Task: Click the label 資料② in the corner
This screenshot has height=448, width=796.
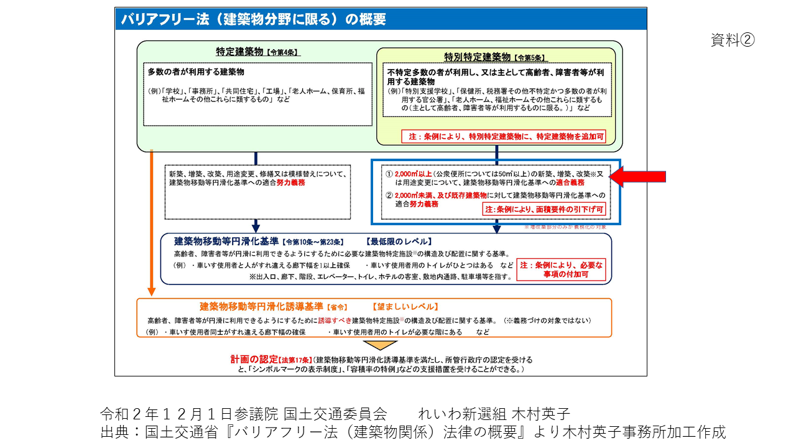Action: click(x=733, y=40)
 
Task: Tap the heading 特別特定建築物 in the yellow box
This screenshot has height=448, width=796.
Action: click(x=477, y=57)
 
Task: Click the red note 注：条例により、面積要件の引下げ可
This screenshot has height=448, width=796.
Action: click(x=544, y=210)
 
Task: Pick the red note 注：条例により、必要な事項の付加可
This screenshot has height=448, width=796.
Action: click(x=562, y=269)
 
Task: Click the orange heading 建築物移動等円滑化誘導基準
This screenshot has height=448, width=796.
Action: click(x=261, y=307)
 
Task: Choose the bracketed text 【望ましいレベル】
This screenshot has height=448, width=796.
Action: click(x=405, y=307)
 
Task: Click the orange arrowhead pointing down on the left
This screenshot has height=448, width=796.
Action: click(x=150, y=291)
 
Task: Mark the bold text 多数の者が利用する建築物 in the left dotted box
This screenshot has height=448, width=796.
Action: click(x=196, y=72)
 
